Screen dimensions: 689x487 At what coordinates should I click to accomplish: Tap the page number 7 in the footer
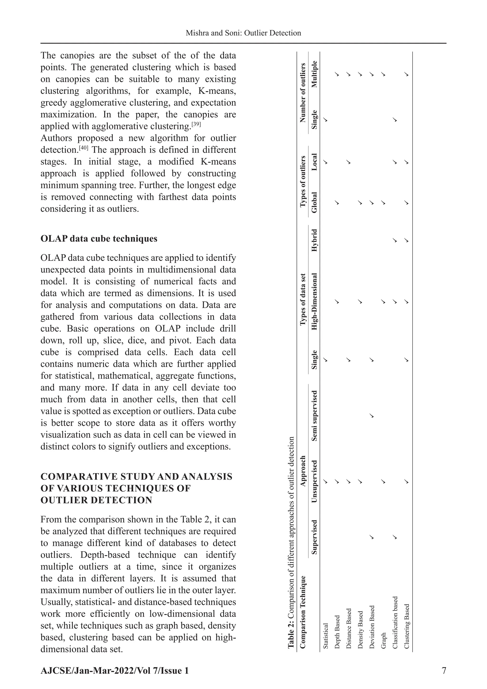(x=443, y=670)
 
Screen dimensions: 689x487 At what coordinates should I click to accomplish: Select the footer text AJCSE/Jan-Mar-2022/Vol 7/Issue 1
(x=115, y=670)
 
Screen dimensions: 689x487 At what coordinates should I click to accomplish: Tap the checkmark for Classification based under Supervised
(x=395, y=537)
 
